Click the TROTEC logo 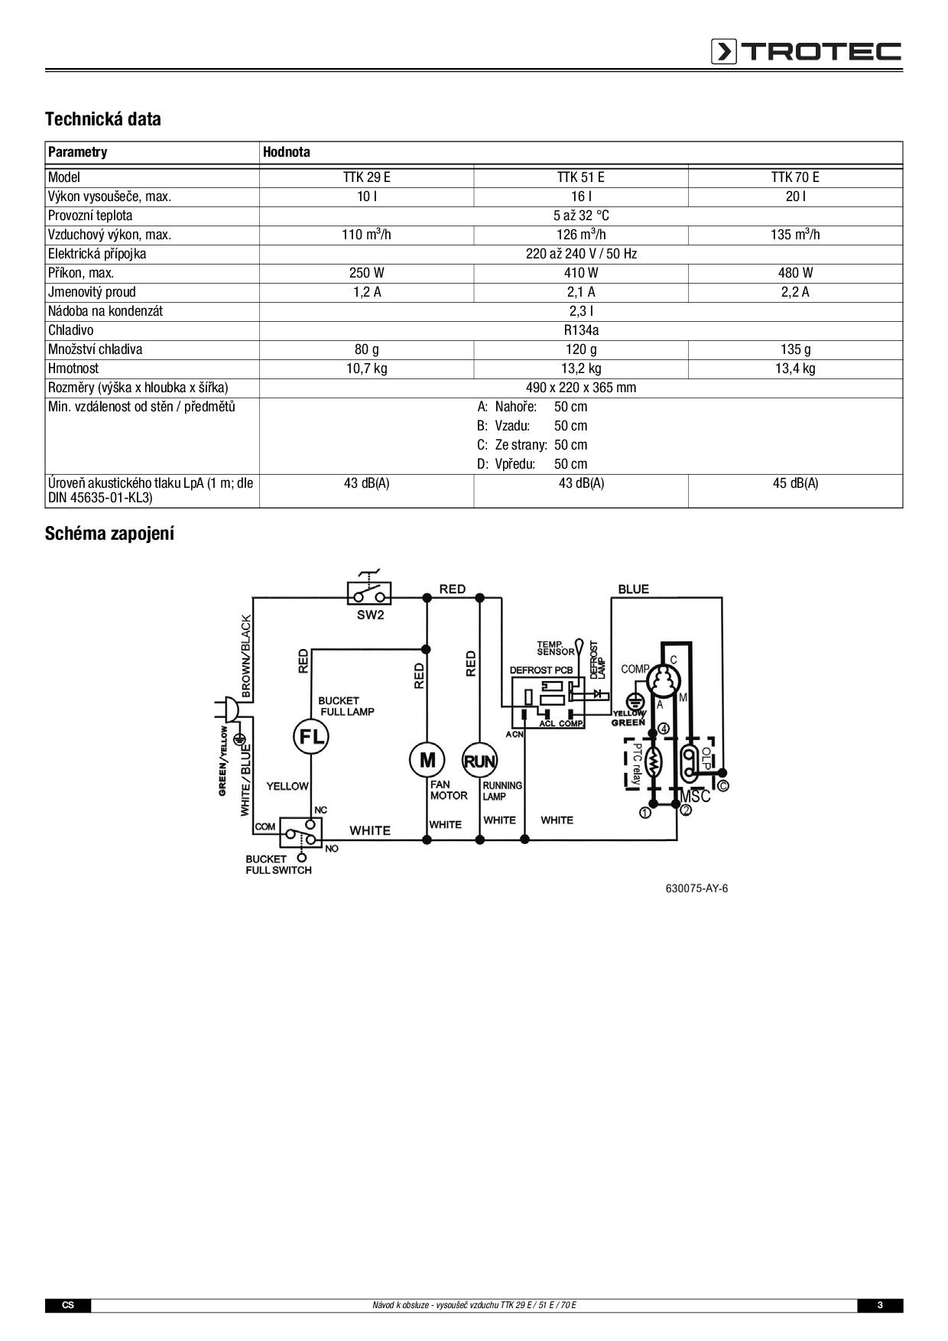pos(806,51)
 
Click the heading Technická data pos(102,119)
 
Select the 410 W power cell pos(581,273)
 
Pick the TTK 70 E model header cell pos(795,177)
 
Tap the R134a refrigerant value pos(581,330)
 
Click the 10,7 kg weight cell pos(366,369)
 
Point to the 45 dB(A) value pos(795,483)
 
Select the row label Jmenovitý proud pos(92,292)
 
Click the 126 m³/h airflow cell pos(581,235)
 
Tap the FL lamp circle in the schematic pos(310,737)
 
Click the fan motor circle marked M pos(427,760)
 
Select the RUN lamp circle pos(479,761)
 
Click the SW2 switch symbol pos(370,593)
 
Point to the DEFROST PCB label pos(541,670)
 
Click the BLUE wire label pos(633,589)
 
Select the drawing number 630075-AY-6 pos(696,888)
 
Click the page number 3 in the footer pos(879,1305)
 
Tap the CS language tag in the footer pos(68,1305)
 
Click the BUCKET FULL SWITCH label pos(278,865)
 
